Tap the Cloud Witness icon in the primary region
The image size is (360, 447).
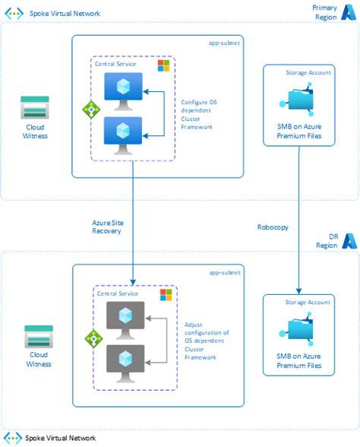coord(35,107)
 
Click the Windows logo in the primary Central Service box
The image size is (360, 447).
coord(163,66)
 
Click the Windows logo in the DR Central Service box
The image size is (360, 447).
coord(166,294)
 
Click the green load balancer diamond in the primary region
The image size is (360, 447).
coord(90,109)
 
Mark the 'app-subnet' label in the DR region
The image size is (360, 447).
coord(225,271)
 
